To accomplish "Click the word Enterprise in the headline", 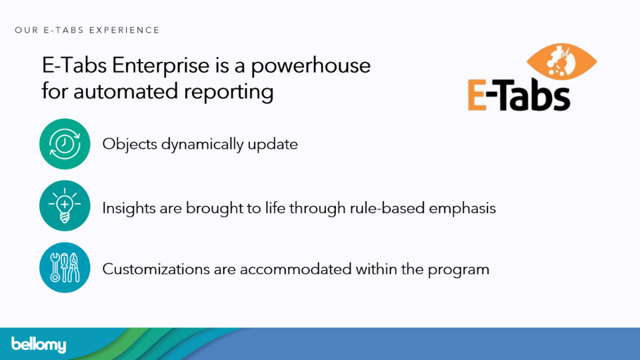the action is pos(161,66).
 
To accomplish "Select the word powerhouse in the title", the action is pos(311,66).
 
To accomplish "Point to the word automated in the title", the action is pos(126,91).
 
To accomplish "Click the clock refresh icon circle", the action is pos(65,144).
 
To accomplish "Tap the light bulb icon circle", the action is pos(65,206).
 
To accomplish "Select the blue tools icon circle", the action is pos(65,268).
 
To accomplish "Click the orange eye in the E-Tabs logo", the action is pos(561,61).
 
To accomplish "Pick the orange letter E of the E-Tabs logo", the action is pos(477,95).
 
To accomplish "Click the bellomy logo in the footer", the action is pos(39,345).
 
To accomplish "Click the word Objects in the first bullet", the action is pos(129,145).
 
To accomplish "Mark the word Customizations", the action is pos(155,269).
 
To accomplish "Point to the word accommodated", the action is pos(295,269).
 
